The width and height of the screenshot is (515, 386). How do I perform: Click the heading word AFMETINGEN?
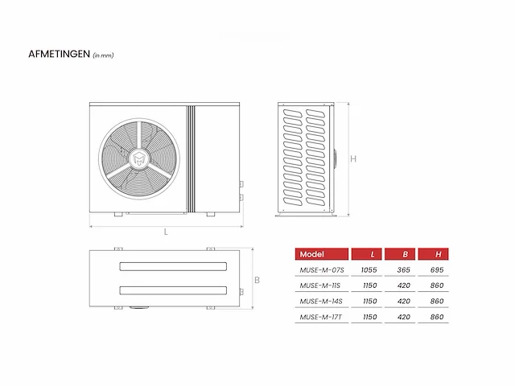pyautogui.click(x=59, y=54)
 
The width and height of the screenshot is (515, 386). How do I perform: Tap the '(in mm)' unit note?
pyautogui.click(x=104, y=55)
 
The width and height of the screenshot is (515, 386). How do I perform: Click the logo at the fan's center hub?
pyautogui.click(x=139, y=159)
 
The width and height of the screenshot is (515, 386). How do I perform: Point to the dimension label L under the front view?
pyautogui.click(x=166, y=232)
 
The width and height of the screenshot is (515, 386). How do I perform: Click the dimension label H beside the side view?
pyautogui.click(x=353, y=159)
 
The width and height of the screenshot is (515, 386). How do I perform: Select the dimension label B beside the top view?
pyautogui.click(x=257, y=281)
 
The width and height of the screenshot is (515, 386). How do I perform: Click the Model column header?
pyautogui.click(x=322, y=254)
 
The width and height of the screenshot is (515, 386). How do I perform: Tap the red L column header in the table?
pyautogui.click(x=367, y=254)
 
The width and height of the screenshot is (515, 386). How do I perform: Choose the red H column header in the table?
pyautogui.click(x=433, y=254)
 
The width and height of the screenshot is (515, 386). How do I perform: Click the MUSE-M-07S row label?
pyautogui.click(x=322, y=270)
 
